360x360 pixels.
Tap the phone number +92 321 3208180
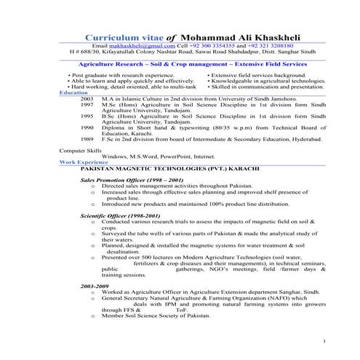click(268, 45)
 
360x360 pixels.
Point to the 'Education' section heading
click(73, 93)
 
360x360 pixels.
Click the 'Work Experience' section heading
click(84, 161)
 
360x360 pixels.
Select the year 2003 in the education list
click(87, 98)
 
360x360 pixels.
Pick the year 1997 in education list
click(87, 105)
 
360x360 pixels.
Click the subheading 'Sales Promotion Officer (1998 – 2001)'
click(132, 179)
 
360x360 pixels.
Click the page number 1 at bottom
click(322, 341)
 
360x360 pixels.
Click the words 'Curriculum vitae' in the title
click(124, 36)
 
